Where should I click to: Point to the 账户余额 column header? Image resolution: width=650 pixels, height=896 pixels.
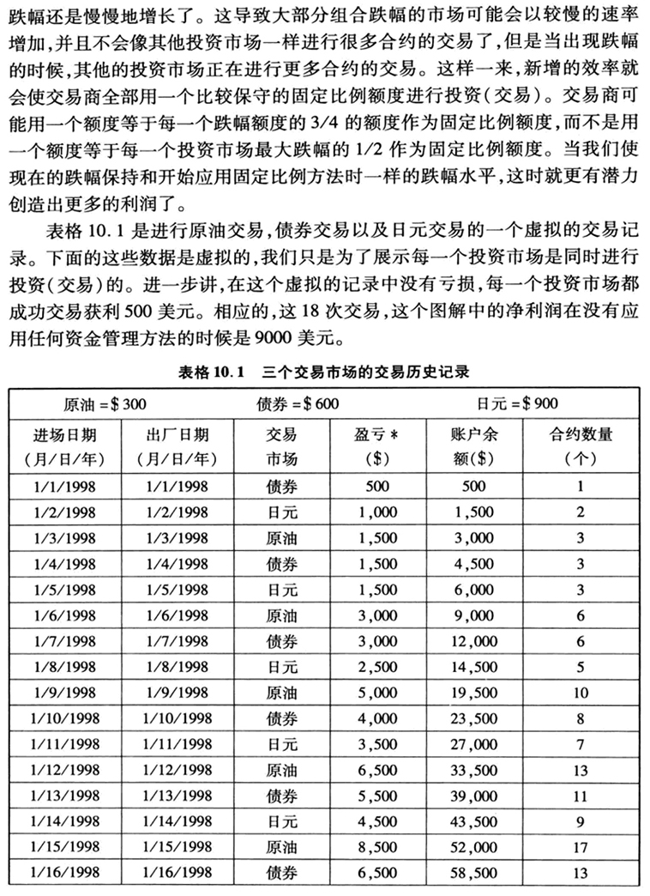473,445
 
